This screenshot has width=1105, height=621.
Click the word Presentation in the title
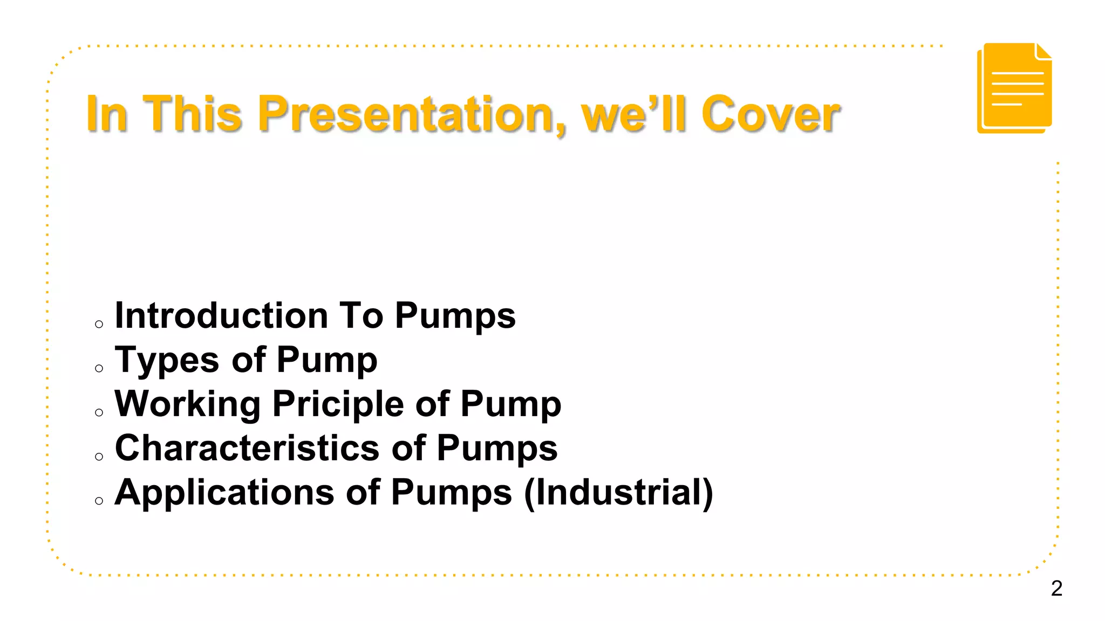[x=411, y=114]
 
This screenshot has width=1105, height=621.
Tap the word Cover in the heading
[x=770, y=114]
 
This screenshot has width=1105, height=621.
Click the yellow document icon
[x=1014, y=89]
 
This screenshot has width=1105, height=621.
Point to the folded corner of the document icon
[x=1043, y=52]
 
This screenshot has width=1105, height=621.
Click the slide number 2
[x=1056, y=588]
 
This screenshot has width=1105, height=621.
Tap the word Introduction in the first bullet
[x=221, y=315]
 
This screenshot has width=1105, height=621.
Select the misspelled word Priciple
[x=338, y=404]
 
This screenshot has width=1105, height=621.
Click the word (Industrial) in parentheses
[x=618, y=492]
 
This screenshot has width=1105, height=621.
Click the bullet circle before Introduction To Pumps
[x=99, y=324]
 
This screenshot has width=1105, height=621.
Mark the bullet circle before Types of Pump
[x=99, y=368]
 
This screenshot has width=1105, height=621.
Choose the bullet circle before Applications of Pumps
[x=99, y=501]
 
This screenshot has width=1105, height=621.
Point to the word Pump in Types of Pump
[x=326, y=360]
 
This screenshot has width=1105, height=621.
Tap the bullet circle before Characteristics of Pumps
[x=99, y=457]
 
